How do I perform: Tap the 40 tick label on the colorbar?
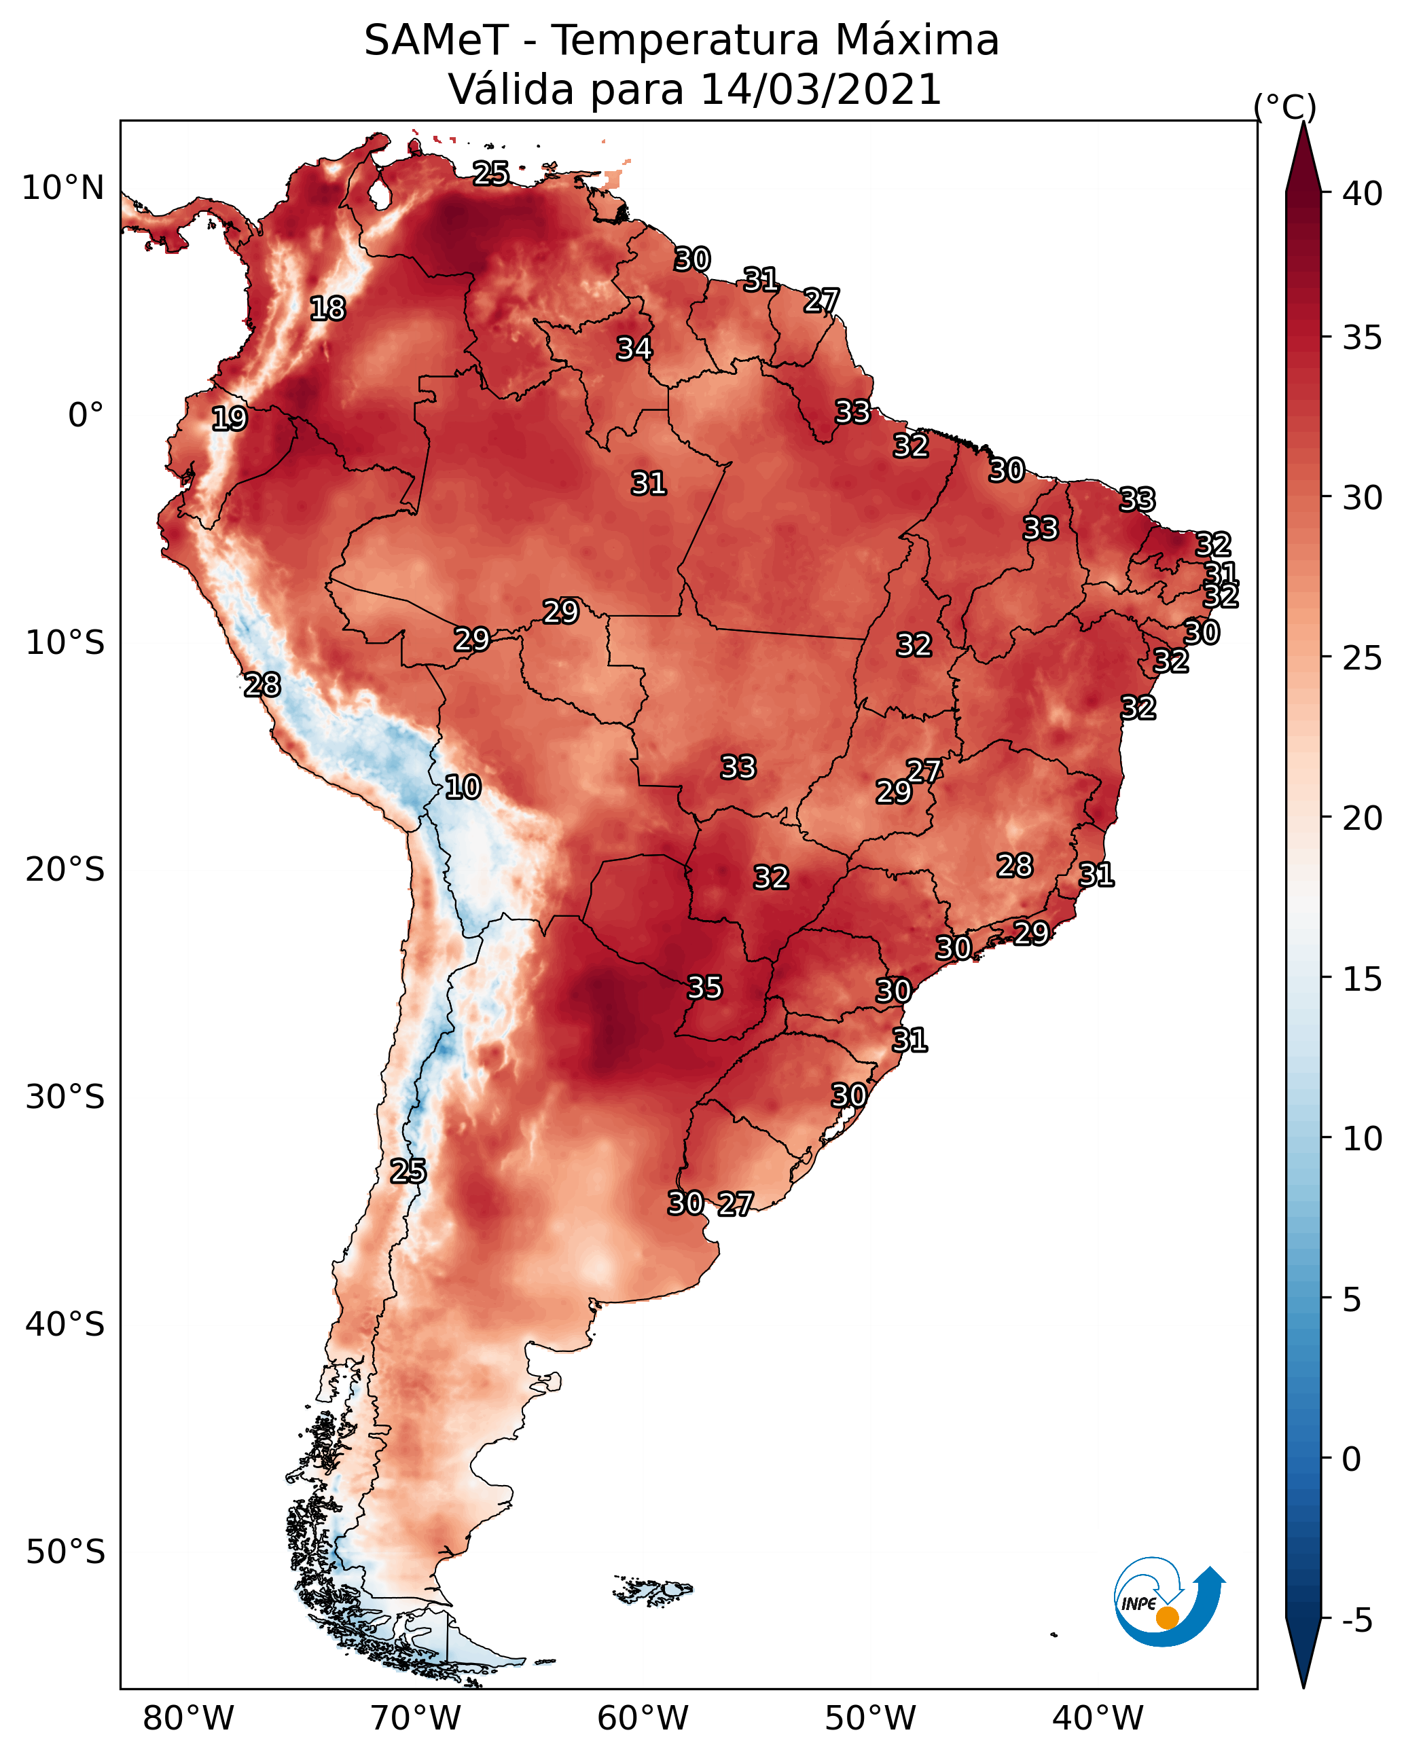tap(1362, 194)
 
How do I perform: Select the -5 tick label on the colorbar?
tap(1356, 1620)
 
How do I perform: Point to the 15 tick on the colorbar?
tap(1362, 978)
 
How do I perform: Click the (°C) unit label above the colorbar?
tap(1285, 107)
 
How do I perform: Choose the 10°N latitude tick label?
tap(62, 188)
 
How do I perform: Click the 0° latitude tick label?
tap(86, 416)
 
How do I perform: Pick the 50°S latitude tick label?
tap(65, 1552)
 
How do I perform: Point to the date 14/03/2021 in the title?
tap(821, 89)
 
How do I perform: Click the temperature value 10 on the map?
tap(463, 787)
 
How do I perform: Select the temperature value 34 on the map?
tap(634, 348)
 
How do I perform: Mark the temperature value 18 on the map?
tap(327, 309)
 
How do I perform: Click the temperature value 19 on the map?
tap(229, 419)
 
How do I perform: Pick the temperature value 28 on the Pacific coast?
tap(262, 685)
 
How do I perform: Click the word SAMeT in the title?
tap(436, 40)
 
